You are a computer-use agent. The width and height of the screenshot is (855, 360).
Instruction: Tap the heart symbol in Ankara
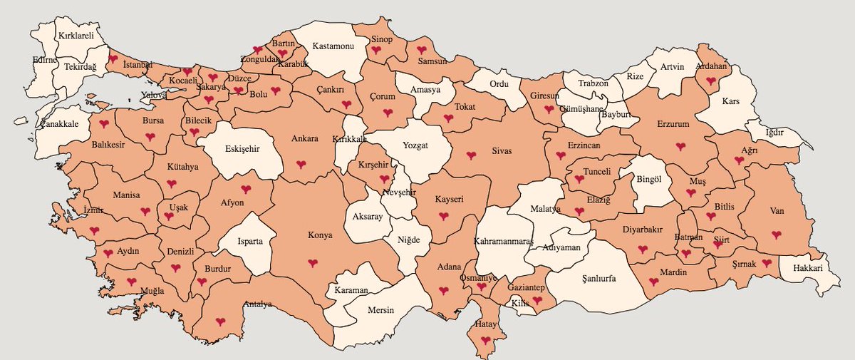tap(301, 165)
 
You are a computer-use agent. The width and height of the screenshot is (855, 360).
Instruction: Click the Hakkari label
tap(811, 269)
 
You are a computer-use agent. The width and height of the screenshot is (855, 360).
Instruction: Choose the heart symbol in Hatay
tap(486, 340)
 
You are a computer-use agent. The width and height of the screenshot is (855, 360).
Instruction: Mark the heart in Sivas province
tap(471, 155)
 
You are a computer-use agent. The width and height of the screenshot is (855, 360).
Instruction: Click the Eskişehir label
tap(240, 149)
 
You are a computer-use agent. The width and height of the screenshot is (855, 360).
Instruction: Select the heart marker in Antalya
tap(220, 322)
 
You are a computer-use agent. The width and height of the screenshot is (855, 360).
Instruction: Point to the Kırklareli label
tap(76, 34)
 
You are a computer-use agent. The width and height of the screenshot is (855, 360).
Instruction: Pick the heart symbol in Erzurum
tap(680, 146)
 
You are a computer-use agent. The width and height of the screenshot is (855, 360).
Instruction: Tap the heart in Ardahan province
tap(711, 81)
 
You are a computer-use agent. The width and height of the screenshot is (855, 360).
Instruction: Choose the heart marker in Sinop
tap(375, 51)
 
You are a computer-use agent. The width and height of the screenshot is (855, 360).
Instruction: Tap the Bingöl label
tap(648, 180)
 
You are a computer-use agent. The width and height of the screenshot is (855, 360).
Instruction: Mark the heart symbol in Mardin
tap(654, 282)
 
